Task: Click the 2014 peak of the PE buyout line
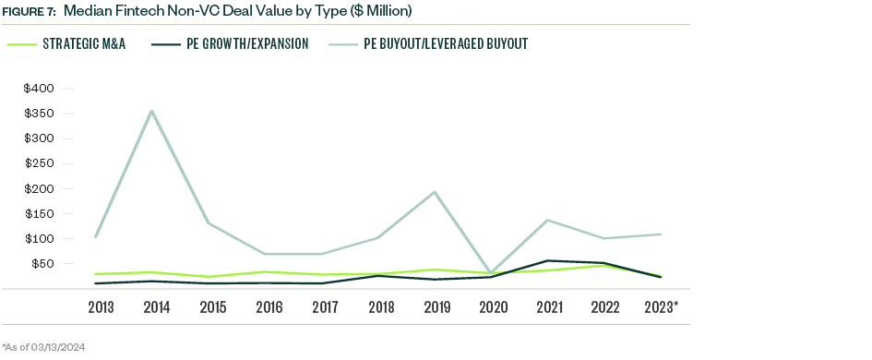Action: coord(151,111)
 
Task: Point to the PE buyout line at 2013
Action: coord(95,236)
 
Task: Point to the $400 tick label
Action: coord(40,89)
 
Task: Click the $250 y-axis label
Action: coord(40,163)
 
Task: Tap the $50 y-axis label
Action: coord(42,263)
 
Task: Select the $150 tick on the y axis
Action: coord(40,213)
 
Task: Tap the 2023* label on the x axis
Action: coord(661,306)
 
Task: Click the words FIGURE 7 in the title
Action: coord(29,12)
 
